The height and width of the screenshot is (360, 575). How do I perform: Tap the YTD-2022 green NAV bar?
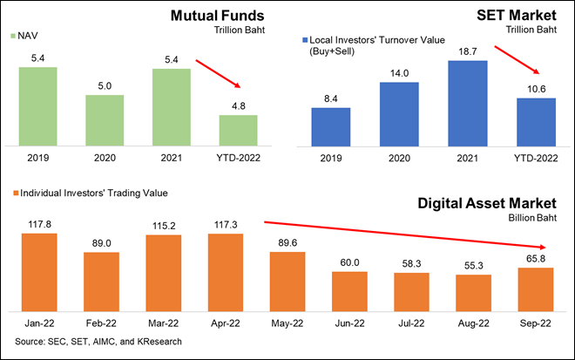point(238,130)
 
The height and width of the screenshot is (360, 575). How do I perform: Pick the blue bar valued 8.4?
point(331,127)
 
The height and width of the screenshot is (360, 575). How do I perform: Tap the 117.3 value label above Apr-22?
point(226,226)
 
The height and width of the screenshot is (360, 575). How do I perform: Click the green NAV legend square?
point(13,36)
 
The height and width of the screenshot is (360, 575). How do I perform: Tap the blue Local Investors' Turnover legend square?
point(305,40)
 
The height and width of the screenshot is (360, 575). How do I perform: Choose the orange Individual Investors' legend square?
point(14,192)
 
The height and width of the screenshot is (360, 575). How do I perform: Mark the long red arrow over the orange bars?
point(404,234)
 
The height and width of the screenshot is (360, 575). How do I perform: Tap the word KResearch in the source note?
point(157,341)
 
